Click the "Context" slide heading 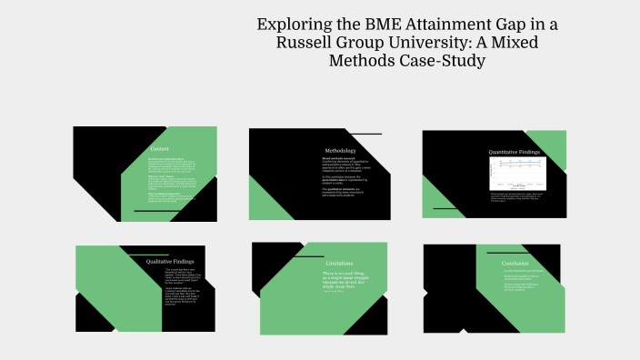(159, 149)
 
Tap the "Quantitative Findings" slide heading (515, 152)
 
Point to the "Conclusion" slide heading (515, 264)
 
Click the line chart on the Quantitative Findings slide (515, 173)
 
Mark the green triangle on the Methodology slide (266, 200)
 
